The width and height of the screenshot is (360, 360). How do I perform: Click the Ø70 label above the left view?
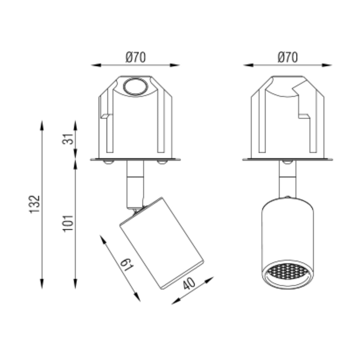[136, 57]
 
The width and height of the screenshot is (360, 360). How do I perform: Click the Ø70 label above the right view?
[288, 57]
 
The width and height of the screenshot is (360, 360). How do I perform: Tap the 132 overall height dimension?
[34, 204]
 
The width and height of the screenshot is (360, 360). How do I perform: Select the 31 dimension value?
[67, 139]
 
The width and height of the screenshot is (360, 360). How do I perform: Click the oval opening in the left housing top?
[135, 87]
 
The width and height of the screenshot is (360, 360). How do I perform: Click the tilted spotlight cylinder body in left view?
[162, 243]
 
